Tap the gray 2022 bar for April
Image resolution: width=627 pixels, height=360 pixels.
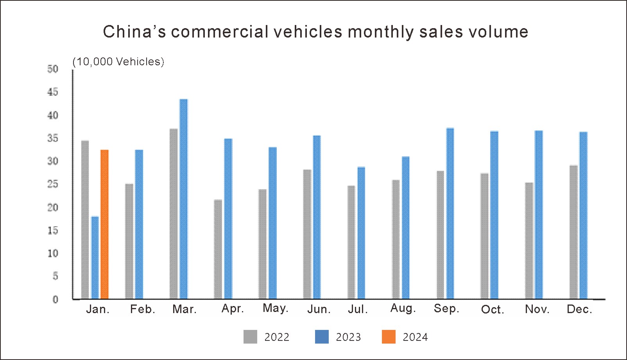tap(218, 249)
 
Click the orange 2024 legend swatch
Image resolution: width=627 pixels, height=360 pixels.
tap(389, 337)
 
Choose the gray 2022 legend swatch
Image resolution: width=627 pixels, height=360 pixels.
tap(250, 337)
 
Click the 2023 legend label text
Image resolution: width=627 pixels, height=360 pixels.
tap(348, 337)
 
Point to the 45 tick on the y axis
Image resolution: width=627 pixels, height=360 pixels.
tap(53, 92)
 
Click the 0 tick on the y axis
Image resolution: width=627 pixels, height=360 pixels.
tap(55, 299)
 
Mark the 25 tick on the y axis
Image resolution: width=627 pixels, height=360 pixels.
tap(53, 184)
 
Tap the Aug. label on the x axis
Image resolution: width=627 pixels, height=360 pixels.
tap(403, 308)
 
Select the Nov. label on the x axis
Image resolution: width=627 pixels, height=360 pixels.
tap(537, 309)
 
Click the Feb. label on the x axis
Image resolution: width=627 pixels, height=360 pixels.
tap(143, 309)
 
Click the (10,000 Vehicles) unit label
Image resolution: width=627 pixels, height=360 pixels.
tap(118, 62)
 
